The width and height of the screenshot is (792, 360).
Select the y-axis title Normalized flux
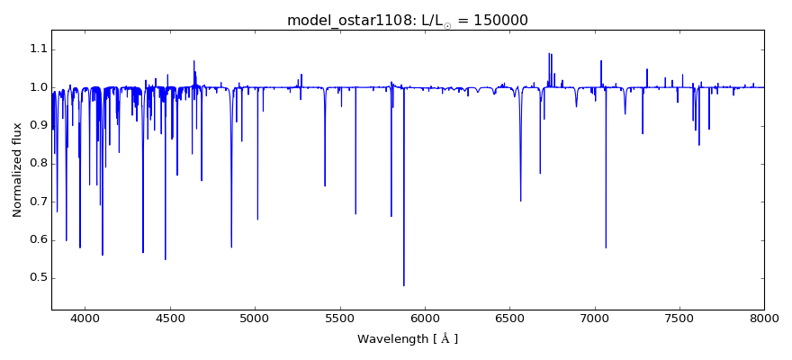click(x=18, y=170)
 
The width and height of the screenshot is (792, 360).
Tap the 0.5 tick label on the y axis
click(x=36, y=277)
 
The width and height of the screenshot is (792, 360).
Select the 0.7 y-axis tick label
click(x=36, y=202)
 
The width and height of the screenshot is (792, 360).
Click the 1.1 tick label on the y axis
click(x=36, y=49)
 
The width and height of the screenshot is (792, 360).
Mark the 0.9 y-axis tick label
click(x=36, y=125)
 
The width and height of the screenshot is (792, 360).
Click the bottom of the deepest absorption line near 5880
click(x=404, y=285)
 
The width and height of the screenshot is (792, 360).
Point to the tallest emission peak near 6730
click(x=549, y=53)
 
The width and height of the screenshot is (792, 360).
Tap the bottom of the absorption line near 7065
click(x=606, y=247)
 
